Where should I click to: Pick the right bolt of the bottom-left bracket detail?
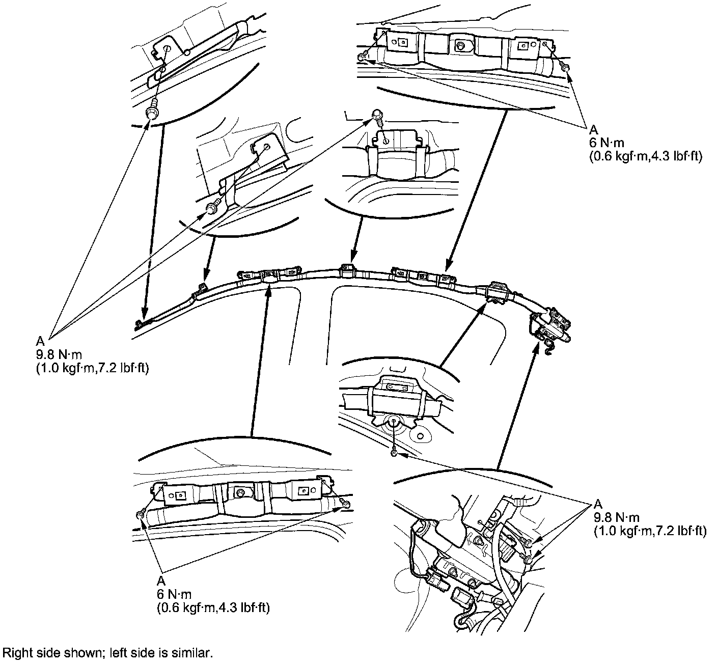tap(345, 503)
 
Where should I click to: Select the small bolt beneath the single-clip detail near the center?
tap(394, 452)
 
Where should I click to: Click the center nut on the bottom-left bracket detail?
tap(240, 491)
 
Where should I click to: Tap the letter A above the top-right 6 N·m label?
tap(594, 129)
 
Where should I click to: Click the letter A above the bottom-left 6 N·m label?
tap(161, 581)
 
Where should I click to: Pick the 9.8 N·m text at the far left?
tap(59, 354)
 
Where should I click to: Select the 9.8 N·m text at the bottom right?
tap(617, 517)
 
